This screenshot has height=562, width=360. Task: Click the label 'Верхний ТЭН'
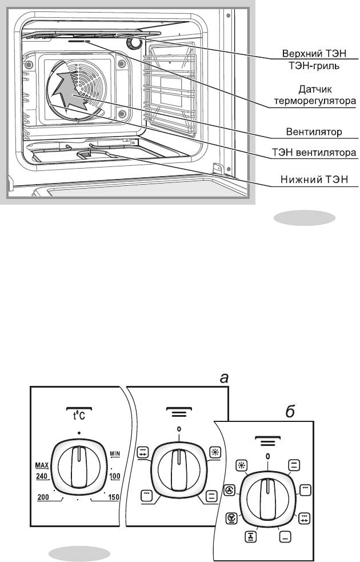pyautogui.click(x=314, y=53)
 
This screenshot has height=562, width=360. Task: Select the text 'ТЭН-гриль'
pyautogui.click(x=314, y=66)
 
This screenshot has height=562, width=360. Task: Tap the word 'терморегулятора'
pyautogui.click(x=315, y=101)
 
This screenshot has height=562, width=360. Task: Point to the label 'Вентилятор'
pyautogui.click(x=314, y=132)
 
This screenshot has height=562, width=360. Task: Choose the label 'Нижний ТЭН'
pyautogui.click(x=314, y=179)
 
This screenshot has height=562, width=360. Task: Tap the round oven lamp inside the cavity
pyautogui.click(x=134, y=43)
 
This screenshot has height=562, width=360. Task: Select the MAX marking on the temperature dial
pyautogui.click(x=42, y=466)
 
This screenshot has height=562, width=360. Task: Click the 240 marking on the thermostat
pyautogui.click(x=42, y=476)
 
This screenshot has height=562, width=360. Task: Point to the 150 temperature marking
pyautogui.click(x=114, y=497)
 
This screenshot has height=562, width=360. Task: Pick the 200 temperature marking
pyautogui.click(x=43, y=497)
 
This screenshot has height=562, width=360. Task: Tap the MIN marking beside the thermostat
pyautogui.click(x=115, y=454)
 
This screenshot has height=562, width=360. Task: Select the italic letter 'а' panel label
pyautogui.click(x=224, y=378)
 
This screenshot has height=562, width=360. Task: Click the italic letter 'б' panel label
pyautogui.click(x=290, y=412)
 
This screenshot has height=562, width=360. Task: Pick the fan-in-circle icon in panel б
pyautogui.click(x=230, y=490)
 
